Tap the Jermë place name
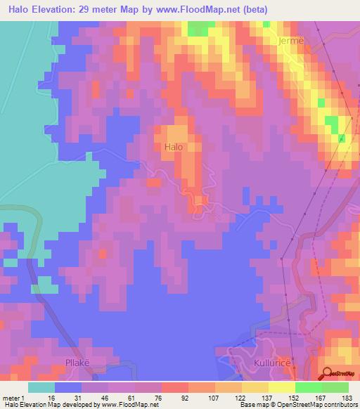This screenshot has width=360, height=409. pos(290,41)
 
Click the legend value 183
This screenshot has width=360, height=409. pos(348,396)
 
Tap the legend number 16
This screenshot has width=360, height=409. pos(41,396)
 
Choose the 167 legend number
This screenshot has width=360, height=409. pos(321,396)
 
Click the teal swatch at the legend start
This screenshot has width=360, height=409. pos(41,387)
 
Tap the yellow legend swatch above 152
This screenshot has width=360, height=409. pos(281,387)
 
